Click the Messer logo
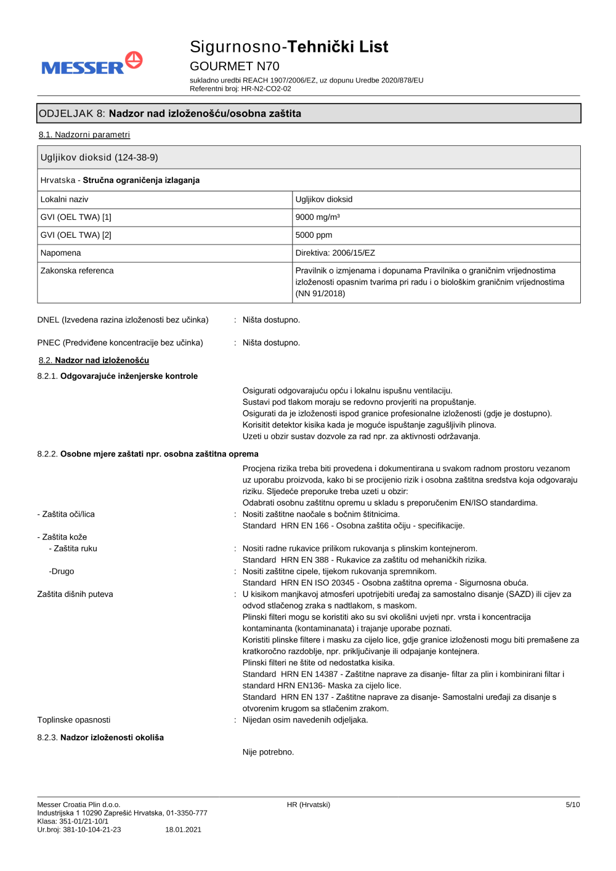pos(92,64)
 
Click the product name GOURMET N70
pos(234,66)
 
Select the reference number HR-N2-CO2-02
pos(266,89)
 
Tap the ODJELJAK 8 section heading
pos(170,113)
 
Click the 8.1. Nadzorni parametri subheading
pos(84,135)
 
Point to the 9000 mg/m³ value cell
pos(318,217)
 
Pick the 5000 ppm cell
pos(314,235)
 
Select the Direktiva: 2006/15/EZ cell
pos(335,253)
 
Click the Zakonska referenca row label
pos(77,271)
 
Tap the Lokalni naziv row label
pos(65,200)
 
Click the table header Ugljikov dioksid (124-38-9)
pos(100,158)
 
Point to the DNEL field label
pos(123,320)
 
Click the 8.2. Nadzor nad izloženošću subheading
pos(94,360)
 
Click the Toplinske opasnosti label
pos(74,720)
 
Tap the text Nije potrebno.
pos(269,752)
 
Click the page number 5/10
pos(572,804)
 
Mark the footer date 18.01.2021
pos(183,830)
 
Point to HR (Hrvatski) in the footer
pos(309,804)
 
